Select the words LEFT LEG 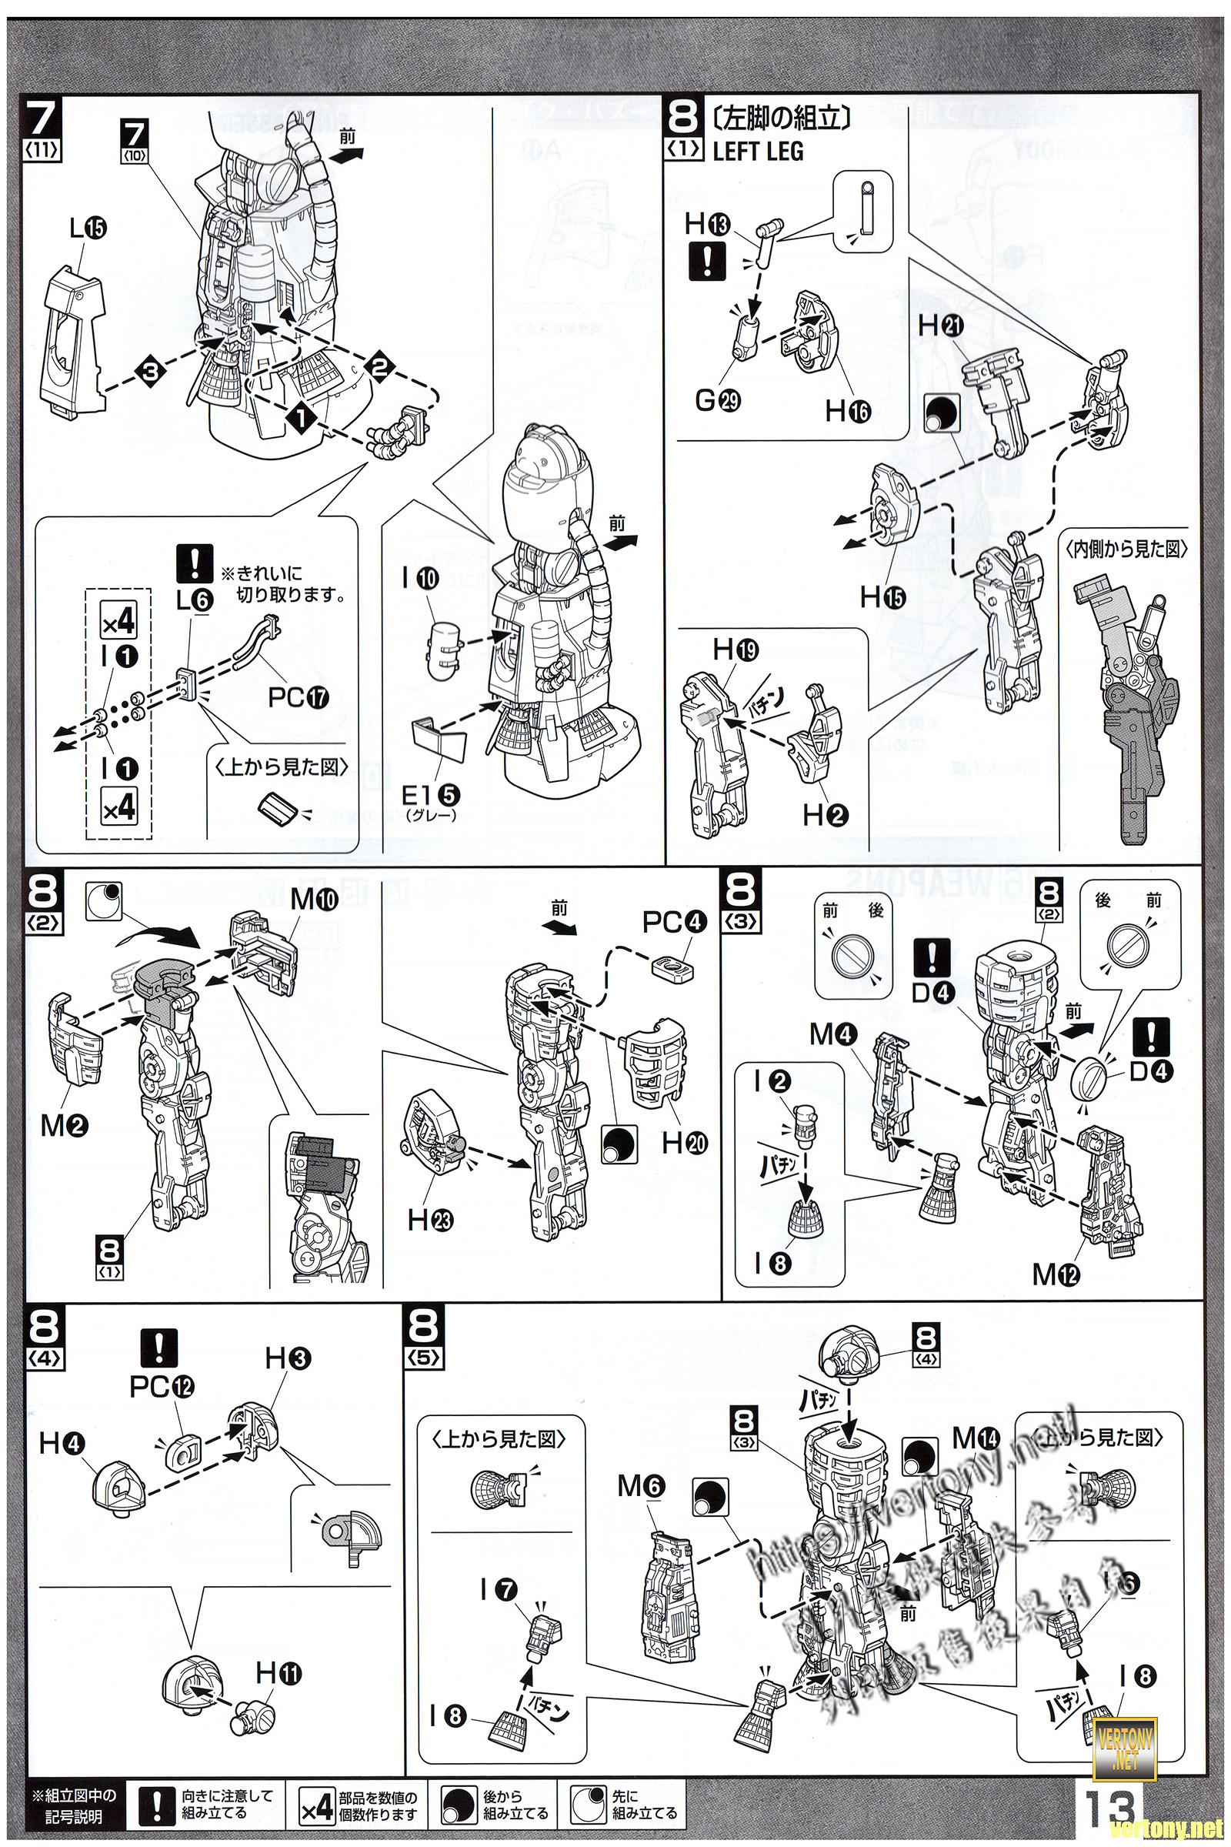tap(758, 152)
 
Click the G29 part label tap(716, 402)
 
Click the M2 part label tap(66, 1127)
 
